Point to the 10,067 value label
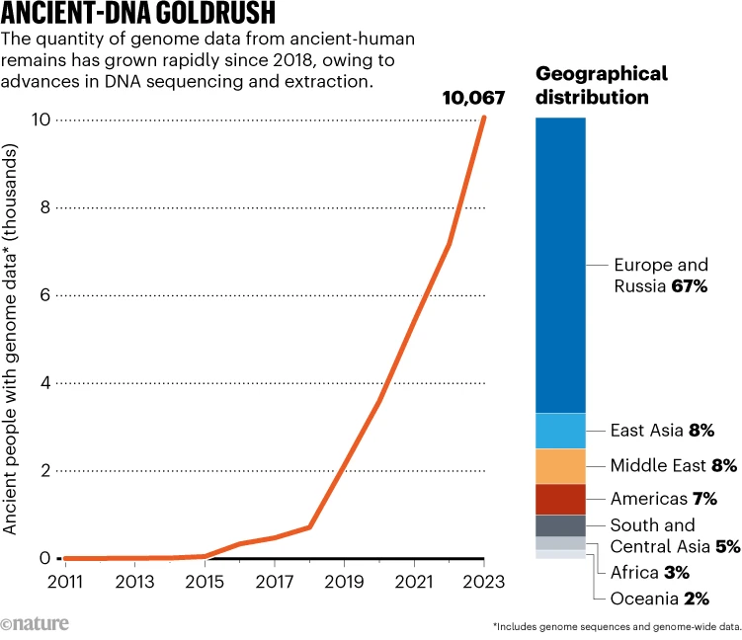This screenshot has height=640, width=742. [473, 98]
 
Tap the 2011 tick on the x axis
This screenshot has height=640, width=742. [65, 583]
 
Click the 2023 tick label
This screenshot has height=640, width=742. [483, 583]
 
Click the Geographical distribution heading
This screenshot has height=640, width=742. [602, 85]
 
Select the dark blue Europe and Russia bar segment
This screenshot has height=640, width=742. [560, 265]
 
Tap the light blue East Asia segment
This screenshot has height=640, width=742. [560, 431]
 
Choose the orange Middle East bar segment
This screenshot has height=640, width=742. [560, 466]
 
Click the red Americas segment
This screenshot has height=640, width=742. [560, 500]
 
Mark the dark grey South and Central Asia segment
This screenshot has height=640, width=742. [560, 525]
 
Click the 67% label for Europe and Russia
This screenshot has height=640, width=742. [690, 286]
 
